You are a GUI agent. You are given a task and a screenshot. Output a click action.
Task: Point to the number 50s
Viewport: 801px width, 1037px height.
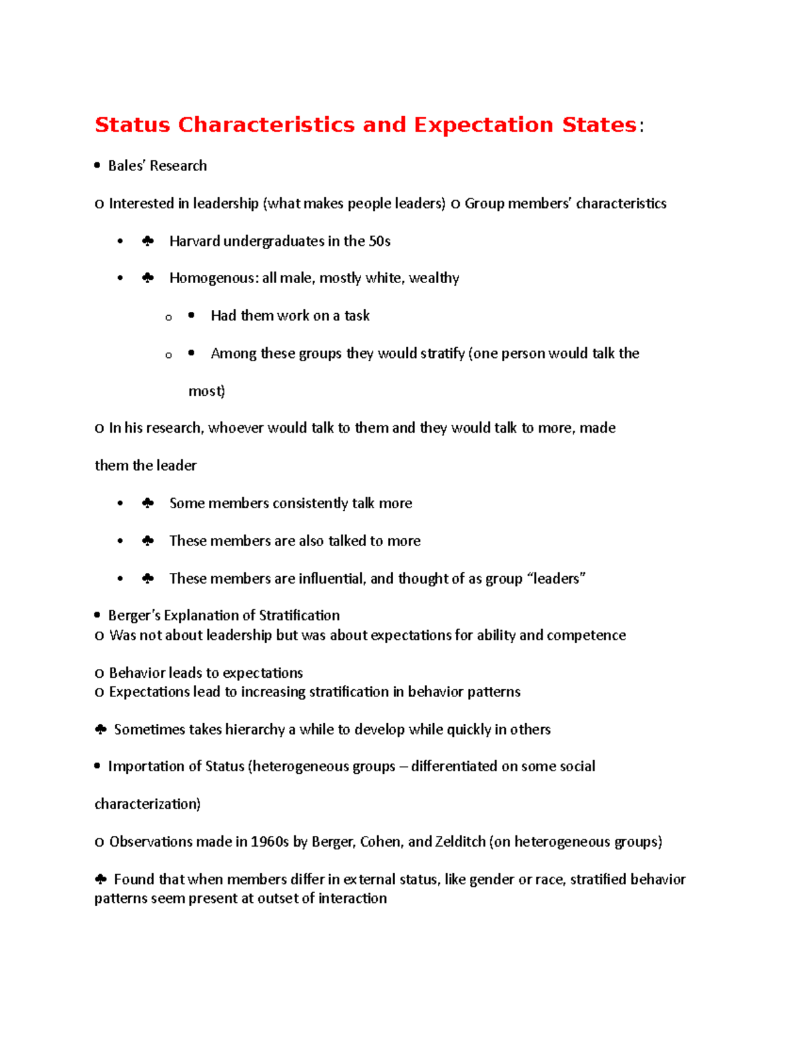click(379, 241)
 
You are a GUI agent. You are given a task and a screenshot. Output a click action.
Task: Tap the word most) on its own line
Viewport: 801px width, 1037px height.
click(206, 391)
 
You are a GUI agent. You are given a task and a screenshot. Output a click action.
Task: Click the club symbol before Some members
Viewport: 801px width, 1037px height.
click(148, 503)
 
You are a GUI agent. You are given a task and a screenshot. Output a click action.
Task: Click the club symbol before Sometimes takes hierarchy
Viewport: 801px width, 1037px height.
click(101, 730)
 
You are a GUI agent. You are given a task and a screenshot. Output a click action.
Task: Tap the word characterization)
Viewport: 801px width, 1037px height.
click(148, 804)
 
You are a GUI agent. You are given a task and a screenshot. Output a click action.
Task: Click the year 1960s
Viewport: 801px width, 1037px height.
click(270, 842)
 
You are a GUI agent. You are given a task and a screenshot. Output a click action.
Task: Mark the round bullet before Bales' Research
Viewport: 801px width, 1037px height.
click(97, 166)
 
